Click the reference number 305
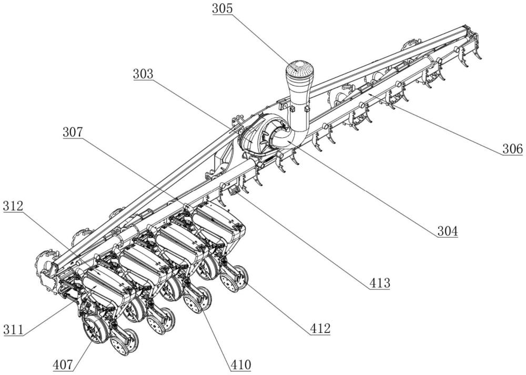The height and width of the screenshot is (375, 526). pos(224,9)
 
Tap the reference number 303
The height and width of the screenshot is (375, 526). pos(143,74)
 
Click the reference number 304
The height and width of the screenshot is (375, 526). pos(446,230)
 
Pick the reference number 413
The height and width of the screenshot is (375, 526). pos(379,283)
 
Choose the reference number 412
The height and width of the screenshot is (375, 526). pos(319,329)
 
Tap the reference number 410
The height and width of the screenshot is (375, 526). pos(240,364)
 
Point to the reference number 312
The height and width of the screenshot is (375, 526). pos(13,206)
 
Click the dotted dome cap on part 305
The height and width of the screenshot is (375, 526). pos(299,69)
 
